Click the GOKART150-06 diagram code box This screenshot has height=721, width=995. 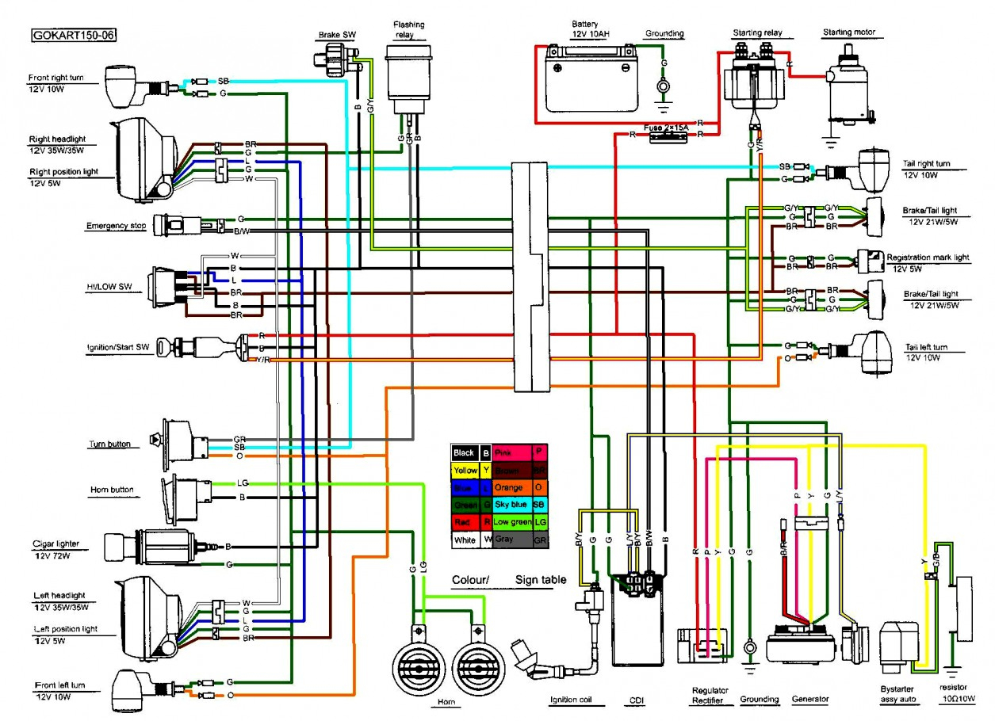click(72, 36)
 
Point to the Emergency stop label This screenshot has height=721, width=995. click(116, 226)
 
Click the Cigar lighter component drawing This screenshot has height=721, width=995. click(155, 545)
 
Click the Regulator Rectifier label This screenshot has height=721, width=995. click(709, 696)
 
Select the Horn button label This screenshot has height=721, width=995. click(112, 490)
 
